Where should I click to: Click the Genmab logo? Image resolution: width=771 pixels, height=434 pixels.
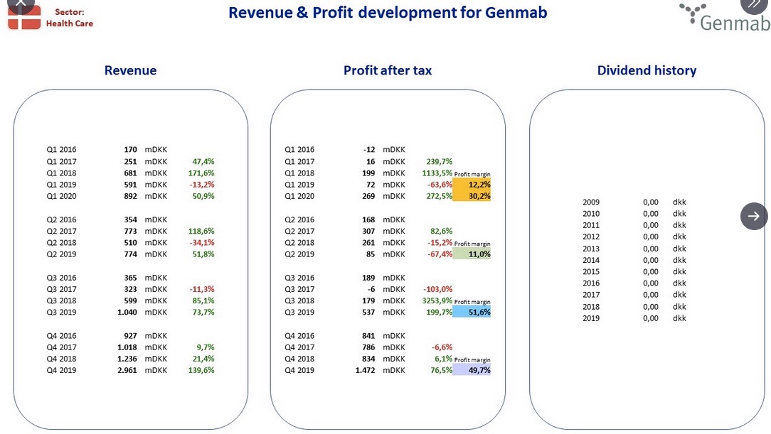point(725,18)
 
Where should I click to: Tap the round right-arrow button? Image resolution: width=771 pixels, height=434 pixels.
point(754,216)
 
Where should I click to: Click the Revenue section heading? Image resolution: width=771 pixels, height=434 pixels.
point(130,70)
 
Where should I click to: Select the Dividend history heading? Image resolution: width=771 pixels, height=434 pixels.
point(647,70)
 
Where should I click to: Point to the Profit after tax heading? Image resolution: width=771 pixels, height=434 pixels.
point(388,70)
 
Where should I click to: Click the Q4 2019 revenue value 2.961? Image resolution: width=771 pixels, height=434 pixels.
point(127,370)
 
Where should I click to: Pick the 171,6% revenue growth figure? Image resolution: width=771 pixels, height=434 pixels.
point(201,173)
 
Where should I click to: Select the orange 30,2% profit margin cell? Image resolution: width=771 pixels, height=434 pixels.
point(472,196)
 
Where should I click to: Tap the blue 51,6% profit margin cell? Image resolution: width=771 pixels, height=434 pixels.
point(472,312)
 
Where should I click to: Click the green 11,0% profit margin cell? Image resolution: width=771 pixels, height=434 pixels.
point(472,254)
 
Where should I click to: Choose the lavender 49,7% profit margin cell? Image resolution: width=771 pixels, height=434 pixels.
point(472,369)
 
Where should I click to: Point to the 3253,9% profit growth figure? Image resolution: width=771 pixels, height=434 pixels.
point(437,300)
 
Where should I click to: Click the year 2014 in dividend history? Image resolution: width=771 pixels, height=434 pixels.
point(591,260)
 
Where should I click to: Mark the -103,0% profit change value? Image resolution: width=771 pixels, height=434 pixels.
point(437,289)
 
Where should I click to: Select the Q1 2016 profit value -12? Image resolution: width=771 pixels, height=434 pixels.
point(369,149)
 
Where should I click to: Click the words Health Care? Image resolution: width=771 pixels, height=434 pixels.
point(69,23)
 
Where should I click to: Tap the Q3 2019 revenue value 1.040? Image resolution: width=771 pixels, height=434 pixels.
point(127,313)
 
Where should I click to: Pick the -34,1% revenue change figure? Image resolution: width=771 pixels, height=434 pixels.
point(201,242)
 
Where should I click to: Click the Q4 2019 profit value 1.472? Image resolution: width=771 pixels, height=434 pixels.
point(366,370)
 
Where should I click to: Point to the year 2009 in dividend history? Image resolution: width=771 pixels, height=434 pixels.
point(591,202)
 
